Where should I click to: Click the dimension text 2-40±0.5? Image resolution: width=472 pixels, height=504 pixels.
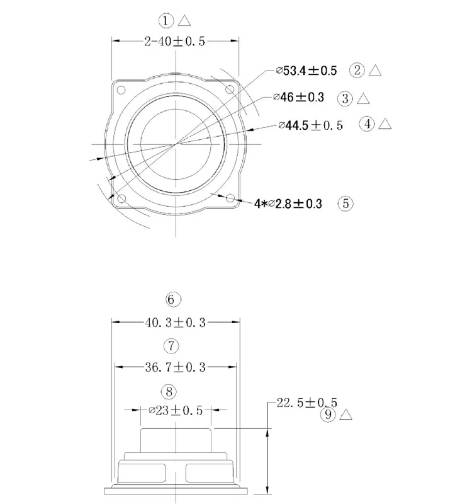click(x=174, y=42)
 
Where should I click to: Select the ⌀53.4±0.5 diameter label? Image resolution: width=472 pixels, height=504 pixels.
click(x=306, y=71)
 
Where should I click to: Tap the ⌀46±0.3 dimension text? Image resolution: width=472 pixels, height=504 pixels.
click(x=298, y=97)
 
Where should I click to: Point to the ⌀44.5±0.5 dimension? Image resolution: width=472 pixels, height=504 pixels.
click(x=310, y=125)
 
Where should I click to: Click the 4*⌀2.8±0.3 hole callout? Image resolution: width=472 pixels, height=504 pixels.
click(x=288, y=203)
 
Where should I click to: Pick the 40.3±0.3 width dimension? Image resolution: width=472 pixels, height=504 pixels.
click(x=176, y=323)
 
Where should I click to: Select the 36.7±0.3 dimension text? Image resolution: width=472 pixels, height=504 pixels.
click(x=176, y=367)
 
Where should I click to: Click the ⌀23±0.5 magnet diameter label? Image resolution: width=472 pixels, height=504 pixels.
click(x=176, y=411)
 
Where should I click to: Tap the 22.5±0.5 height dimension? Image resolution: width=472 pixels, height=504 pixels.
click(x=307, y=403)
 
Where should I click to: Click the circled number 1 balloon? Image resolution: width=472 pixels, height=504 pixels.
click(x=166, y=21)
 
